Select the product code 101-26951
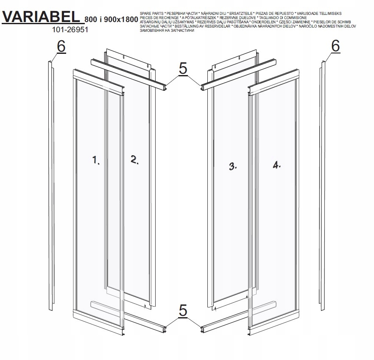pyautogui.click(x=64, y=31)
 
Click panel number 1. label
pyautogui.click(x=96, y=160)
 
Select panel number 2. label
pyautogui.click(x=134, y=160)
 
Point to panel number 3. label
pyautogui.click(x=233, y=166)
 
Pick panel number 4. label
pyautogui.click(x=277, y=165)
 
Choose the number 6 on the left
pyautogui.click(x=61, y=47)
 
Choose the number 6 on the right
pyautogui.click(x=335, y=46)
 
